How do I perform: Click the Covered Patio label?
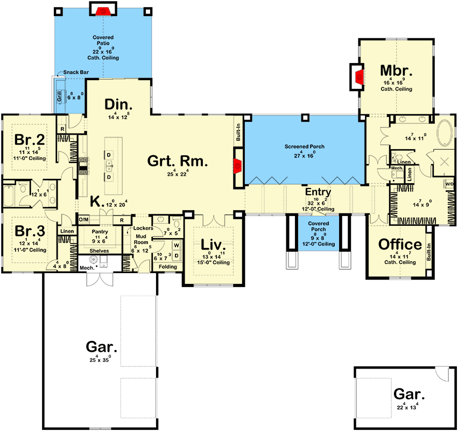coord(103,38)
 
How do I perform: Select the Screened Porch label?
coord(305,147)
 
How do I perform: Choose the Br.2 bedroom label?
coord(29,140)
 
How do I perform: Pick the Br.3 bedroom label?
coord(29,231)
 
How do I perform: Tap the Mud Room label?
coord(140,239)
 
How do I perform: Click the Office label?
coord(400,244)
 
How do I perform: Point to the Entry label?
coord(318,192)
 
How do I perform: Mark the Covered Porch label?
coord(318,226)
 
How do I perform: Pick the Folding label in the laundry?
coord(167,266)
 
